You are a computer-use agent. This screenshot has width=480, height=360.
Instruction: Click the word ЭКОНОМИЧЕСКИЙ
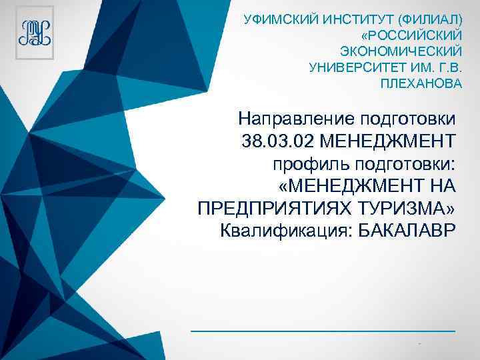tap(401, 51)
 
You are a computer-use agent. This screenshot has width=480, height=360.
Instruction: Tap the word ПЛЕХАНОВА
tap(421, 85)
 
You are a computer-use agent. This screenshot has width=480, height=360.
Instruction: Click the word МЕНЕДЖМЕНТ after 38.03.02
tap(393, 141)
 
